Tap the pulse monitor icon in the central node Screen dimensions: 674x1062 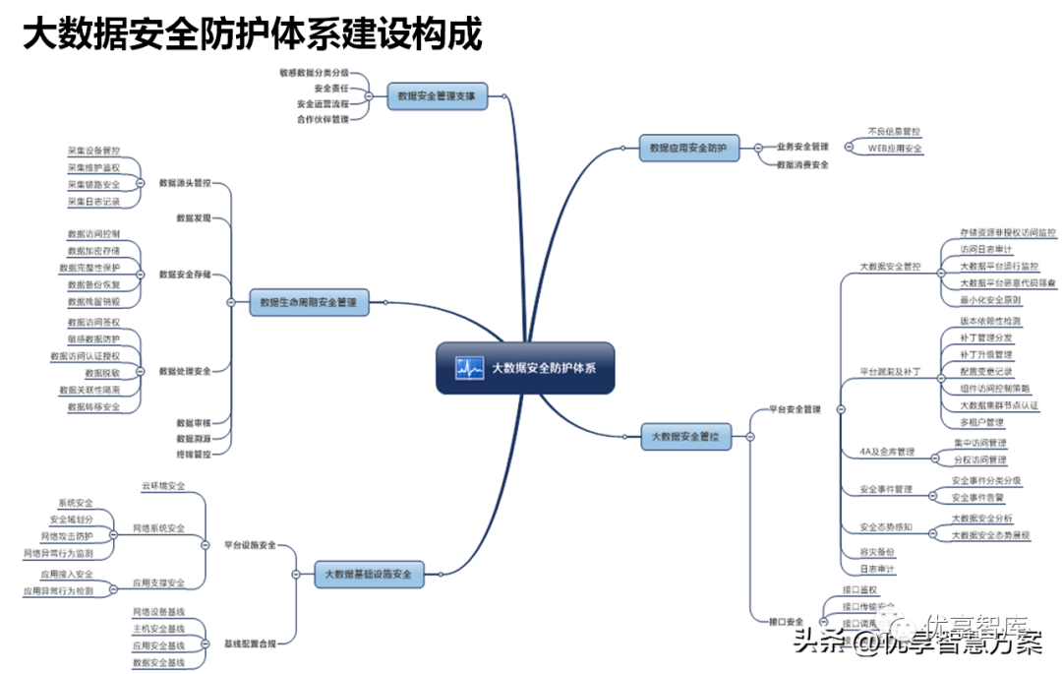pos(469,368)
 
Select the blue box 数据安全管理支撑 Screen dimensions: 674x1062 pos(436,96)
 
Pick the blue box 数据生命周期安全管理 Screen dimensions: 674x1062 pos(309,302)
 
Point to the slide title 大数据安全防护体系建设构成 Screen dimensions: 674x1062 pos(252,35)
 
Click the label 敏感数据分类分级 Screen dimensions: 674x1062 pos(314,73)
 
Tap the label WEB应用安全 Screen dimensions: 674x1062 pos(894,149)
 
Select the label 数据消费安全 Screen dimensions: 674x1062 pos(802,165)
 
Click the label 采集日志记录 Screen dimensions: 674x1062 pos(93,202)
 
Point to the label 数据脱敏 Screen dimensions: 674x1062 pos(102,373)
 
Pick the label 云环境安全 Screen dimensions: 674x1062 pos(163,486)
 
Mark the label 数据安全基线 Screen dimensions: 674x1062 pos(158,662)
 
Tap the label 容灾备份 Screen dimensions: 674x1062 pos(877,551)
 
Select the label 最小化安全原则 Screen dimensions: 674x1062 pos(990,300)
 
